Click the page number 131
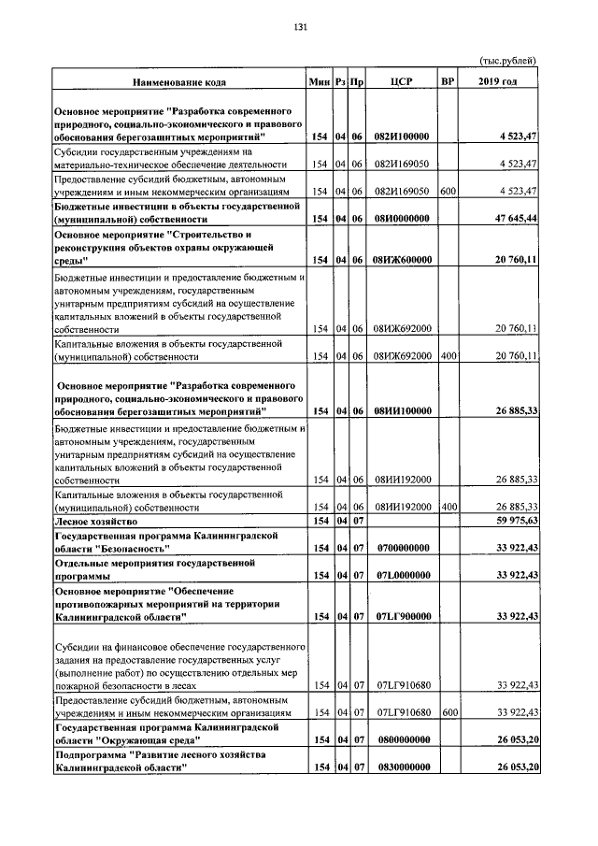click(x=299, y=26)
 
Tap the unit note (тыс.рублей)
click(x=508, y=61)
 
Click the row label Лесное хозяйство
click(x=96, y=521)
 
